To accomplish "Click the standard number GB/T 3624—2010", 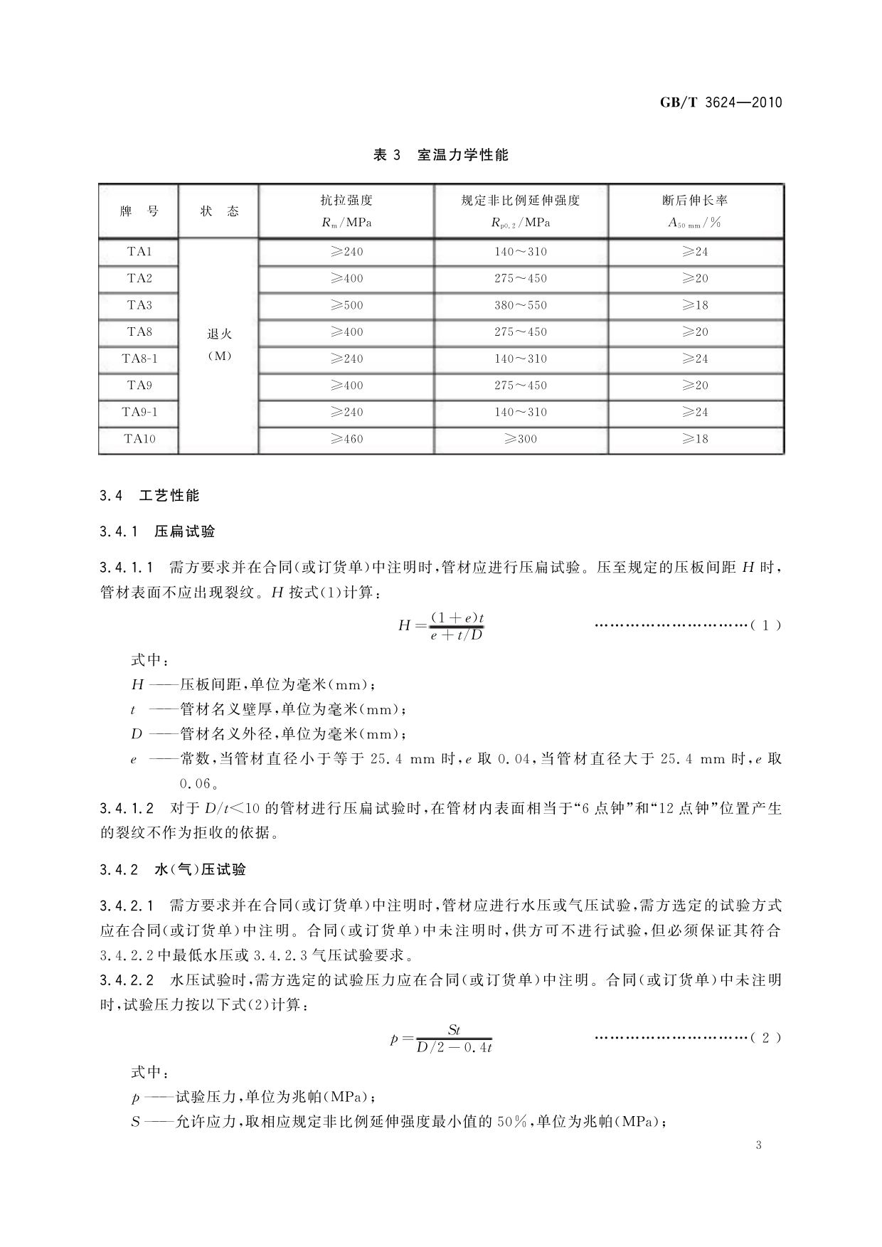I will (721, 102).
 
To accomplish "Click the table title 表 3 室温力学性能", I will (441, 155).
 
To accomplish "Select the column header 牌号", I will (139, 211).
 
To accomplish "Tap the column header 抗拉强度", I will (346, 201).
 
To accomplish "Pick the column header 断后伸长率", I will (695, 201).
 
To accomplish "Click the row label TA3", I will (139, 305).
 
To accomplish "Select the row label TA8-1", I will (139, 359).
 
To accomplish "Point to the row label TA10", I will (139, 439).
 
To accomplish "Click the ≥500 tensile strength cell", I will (346, 305).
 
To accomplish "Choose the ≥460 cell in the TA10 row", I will (346, 439).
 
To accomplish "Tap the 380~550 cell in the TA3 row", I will (521, 305).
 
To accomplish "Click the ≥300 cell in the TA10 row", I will (521, 439).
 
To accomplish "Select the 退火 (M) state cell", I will (219, 345).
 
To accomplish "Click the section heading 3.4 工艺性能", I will (150, 496).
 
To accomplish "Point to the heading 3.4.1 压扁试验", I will (157, 531).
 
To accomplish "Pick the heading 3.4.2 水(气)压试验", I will (173, 869).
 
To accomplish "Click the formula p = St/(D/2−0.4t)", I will (442, 1039).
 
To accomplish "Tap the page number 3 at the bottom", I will (759, 1145).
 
